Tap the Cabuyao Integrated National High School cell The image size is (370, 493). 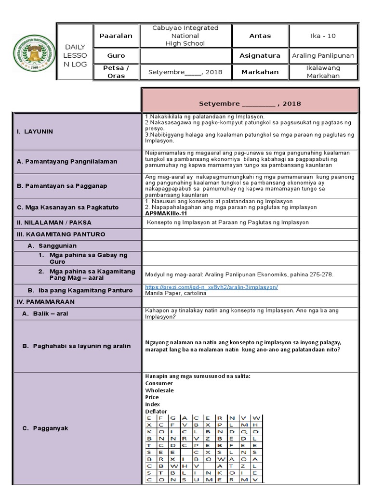185,36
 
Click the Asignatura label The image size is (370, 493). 260,55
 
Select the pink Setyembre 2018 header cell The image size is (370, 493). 250,103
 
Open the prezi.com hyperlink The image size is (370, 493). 211,287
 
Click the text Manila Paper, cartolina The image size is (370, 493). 169,293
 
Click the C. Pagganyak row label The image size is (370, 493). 46,428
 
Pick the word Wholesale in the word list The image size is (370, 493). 159,390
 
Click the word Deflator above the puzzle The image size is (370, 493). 156,411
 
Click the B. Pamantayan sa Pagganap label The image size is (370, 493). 62,186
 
